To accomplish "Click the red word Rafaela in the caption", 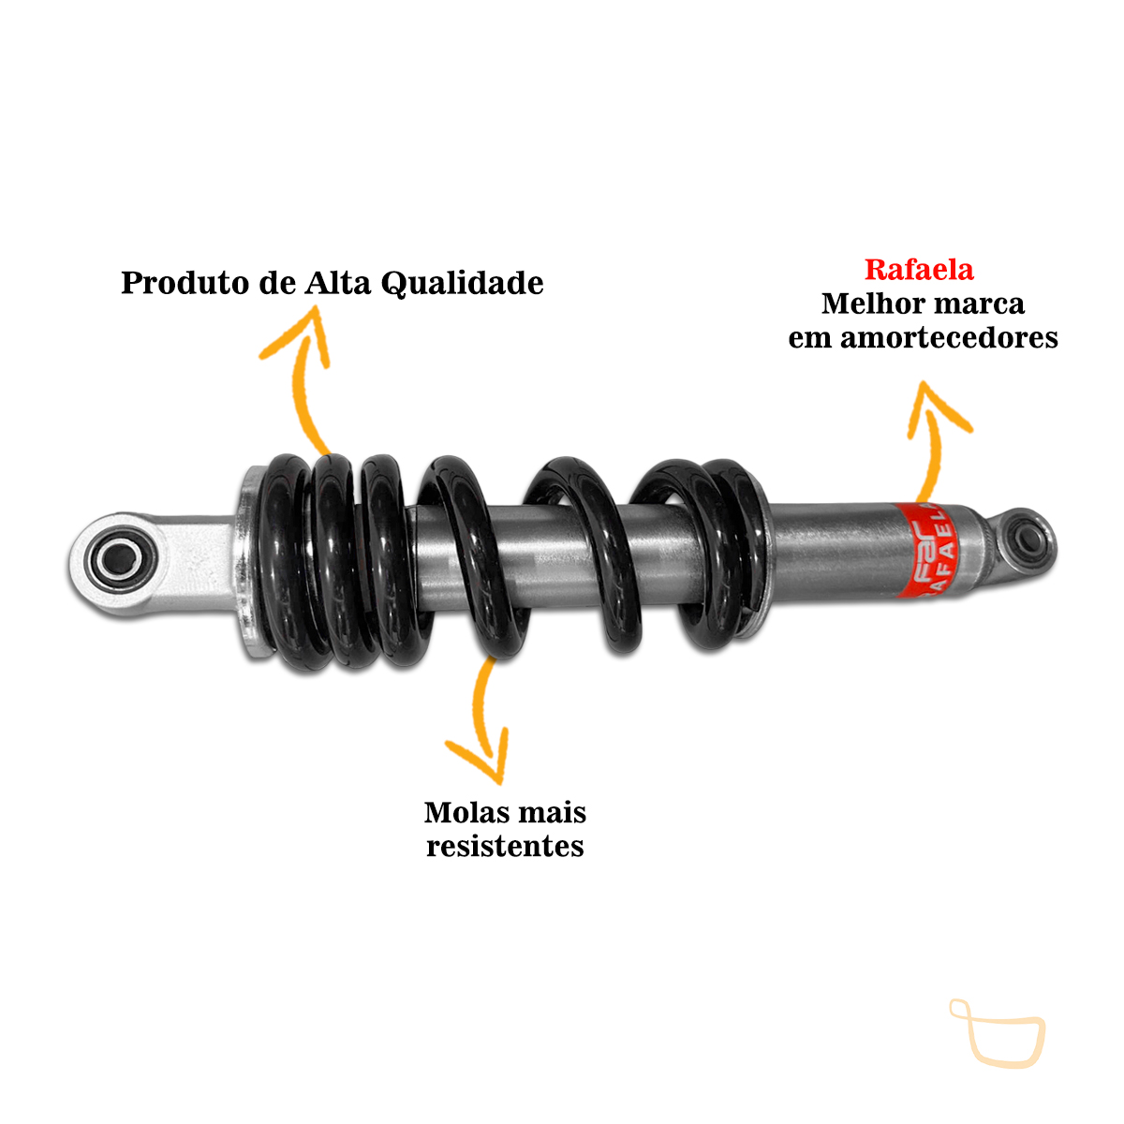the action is (x=919, y=270).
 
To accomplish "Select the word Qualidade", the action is (x=462, y=284).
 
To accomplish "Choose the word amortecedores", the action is (x=949, y=338).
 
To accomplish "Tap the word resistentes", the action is (x=505, y=847).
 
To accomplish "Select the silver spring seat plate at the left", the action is (x=251, y=563).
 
